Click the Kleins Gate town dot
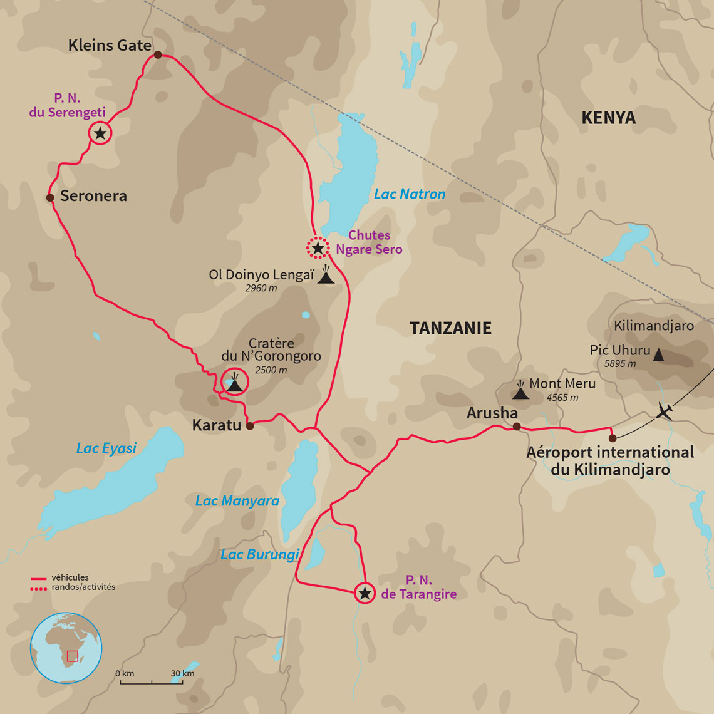tap(158, 55)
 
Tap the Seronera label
tap(93, 196)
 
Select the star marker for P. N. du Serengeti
tap(100, 133)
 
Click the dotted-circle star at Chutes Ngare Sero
tap(318, 249)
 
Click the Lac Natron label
tap(410, 194)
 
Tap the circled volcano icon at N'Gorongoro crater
tap(235, 382)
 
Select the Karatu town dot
tap(250, 426)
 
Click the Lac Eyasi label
tap(106, 448)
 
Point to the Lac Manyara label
tap(237, 501)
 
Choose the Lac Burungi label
tap(260, 554)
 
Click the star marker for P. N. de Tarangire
tap(365, 592)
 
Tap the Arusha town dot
tap(517, 427)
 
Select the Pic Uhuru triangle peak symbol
tap(658, 354)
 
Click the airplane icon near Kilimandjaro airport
tap(665, 411)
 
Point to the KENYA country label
tap(608, 118)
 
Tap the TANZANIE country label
tap(450, 328)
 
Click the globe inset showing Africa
tap(66, 648)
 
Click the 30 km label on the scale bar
tap(183, 673)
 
